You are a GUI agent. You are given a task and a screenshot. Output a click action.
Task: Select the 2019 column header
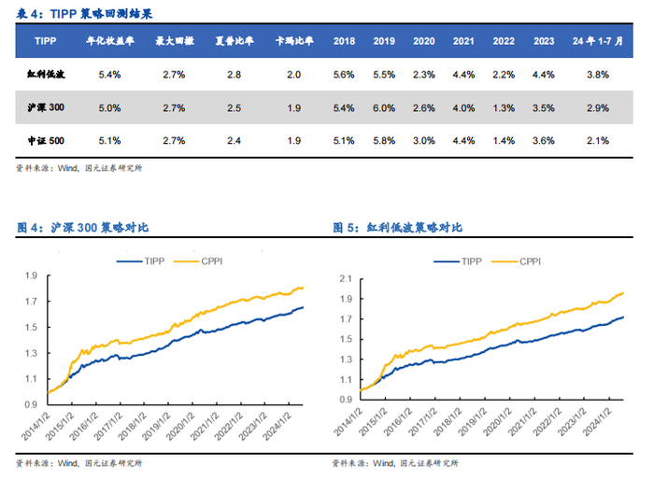(x=384, y=42)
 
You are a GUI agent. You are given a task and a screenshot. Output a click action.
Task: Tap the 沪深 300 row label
(x=45, y=107)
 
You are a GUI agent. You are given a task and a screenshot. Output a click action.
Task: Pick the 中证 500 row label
(x=45, y=141)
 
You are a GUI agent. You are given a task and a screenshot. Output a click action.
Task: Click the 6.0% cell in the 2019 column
(x=384, y=107)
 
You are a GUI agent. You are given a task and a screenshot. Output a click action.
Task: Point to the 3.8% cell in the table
(x=598, y=75)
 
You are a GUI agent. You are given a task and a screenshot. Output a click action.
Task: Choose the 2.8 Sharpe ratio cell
(x=235, y=75)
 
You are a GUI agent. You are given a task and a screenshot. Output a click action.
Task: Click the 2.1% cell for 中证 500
(x=598, y=141)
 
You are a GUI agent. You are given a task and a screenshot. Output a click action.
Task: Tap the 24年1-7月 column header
(x=598, y=42)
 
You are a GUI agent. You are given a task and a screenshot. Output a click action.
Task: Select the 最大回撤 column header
(x=173, y=42)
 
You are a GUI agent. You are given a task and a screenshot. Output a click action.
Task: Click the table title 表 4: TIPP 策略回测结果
(x=84, y=12)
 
